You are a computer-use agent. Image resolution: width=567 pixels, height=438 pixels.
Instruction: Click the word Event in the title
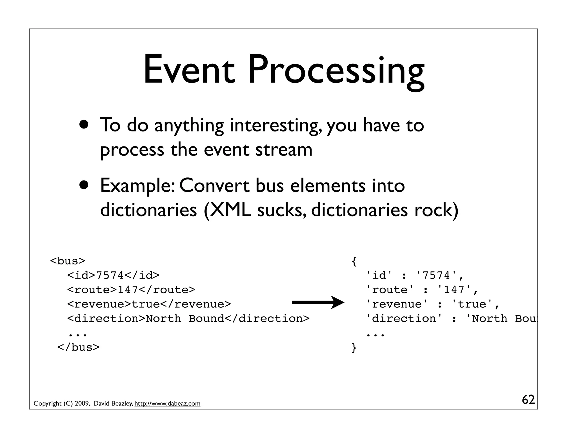tap(189, 70)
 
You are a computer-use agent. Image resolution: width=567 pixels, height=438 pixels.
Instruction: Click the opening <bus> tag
tap(68, 261)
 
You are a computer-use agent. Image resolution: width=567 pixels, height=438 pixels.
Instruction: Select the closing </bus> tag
tap(78, 347)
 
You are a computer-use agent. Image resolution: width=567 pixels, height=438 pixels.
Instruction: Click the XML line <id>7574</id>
tap(113, 275)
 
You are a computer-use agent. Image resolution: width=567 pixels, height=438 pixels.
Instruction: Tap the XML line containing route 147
tap(131, 290)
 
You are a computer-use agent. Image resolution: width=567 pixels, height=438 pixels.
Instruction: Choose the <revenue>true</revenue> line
tap(149, 304)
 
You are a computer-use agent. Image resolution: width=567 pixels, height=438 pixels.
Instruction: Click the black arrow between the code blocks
tap(318, 303)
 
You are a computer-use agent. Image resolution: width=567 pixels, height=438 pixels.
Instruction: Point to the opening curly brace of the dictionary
tap(354, 261)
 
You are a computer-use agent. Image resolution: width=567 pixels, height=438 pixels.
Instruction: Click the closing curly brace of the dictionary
tap(354, 347)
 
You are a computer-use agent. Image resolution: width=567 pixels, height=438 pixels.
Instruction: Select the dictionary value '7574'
tap(437, 275)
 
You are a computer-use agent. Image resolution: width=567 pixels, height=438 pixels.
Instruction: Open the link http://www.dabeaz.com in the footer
tap(167, 403)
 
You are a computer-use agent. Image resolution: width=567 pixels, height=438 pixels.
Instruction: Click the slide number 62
tap(528, 400)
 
